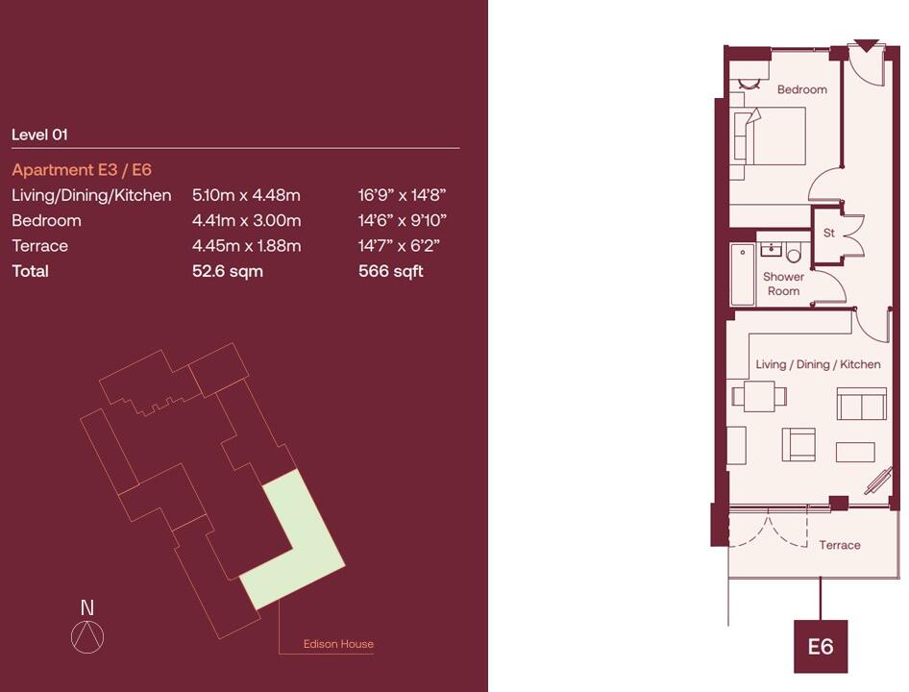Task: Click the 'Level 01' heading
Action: pyautogui.click(x=39, y=136)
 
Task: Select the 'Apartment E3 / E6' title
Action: pyautogui.click(x=82, y=170)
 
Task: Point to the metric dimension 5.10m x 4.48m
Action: pyautogui.click(x=246, y=195)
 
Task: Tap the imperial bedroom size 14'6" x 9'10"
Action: pyautogui.click(x=402, y=220)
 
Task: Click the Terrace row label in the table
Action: pyautogui.click(x=39, y=246)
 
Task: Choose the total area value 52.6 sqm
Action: pyautogui.click(x=228, y=271)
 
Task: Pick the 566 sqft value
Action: pyautogui.click(x=390, y=271)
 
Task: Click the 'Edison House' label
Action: pyautogui.click(x=338, y=644)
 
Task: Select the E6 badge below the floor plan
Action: pyautogui.click(x=820, y=647)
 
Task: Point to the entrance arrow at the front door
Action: pyautogui.click(x=867, y=45)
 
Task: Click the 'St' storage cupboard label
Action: pyautogui.click(x=828, y=234)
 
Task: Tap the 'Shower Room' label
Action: pyautogui.click(x=783, y=284)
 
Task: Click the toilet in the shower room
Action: pyautogui.click(x=794, y=254)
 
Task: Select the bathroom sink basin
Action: pyautogui.click(x=770, y=250)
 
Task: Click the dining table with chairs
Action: pyautogui.click(x=759, y=395)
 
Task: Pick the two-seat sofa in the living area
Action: pyautogui.click(x=861, y=405)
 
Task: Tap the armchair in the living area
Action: pyautogui.click(x=798, y=444)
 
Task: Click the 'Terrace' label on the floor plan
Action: pyautogui.click(x=839, y=545)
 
